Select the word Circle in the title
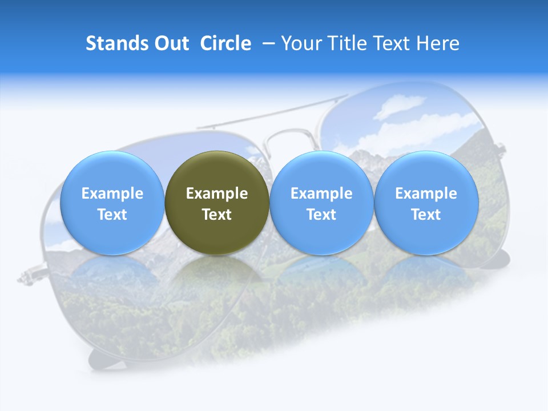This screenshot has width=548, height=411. coord(225,43)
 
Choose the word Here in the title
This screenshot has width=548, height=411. coord(438,43)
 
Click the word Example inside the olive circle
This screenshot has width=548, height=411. coord(217,194)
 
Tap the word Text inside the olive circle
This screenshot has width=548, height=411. coord(217,215)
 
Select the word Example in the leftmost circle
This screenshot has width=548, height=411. coord(112,194)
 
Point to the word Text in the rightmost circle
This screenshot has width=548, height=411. coord(426,215)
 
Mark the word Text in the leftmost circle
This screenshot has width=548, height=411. coord(112,215)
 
